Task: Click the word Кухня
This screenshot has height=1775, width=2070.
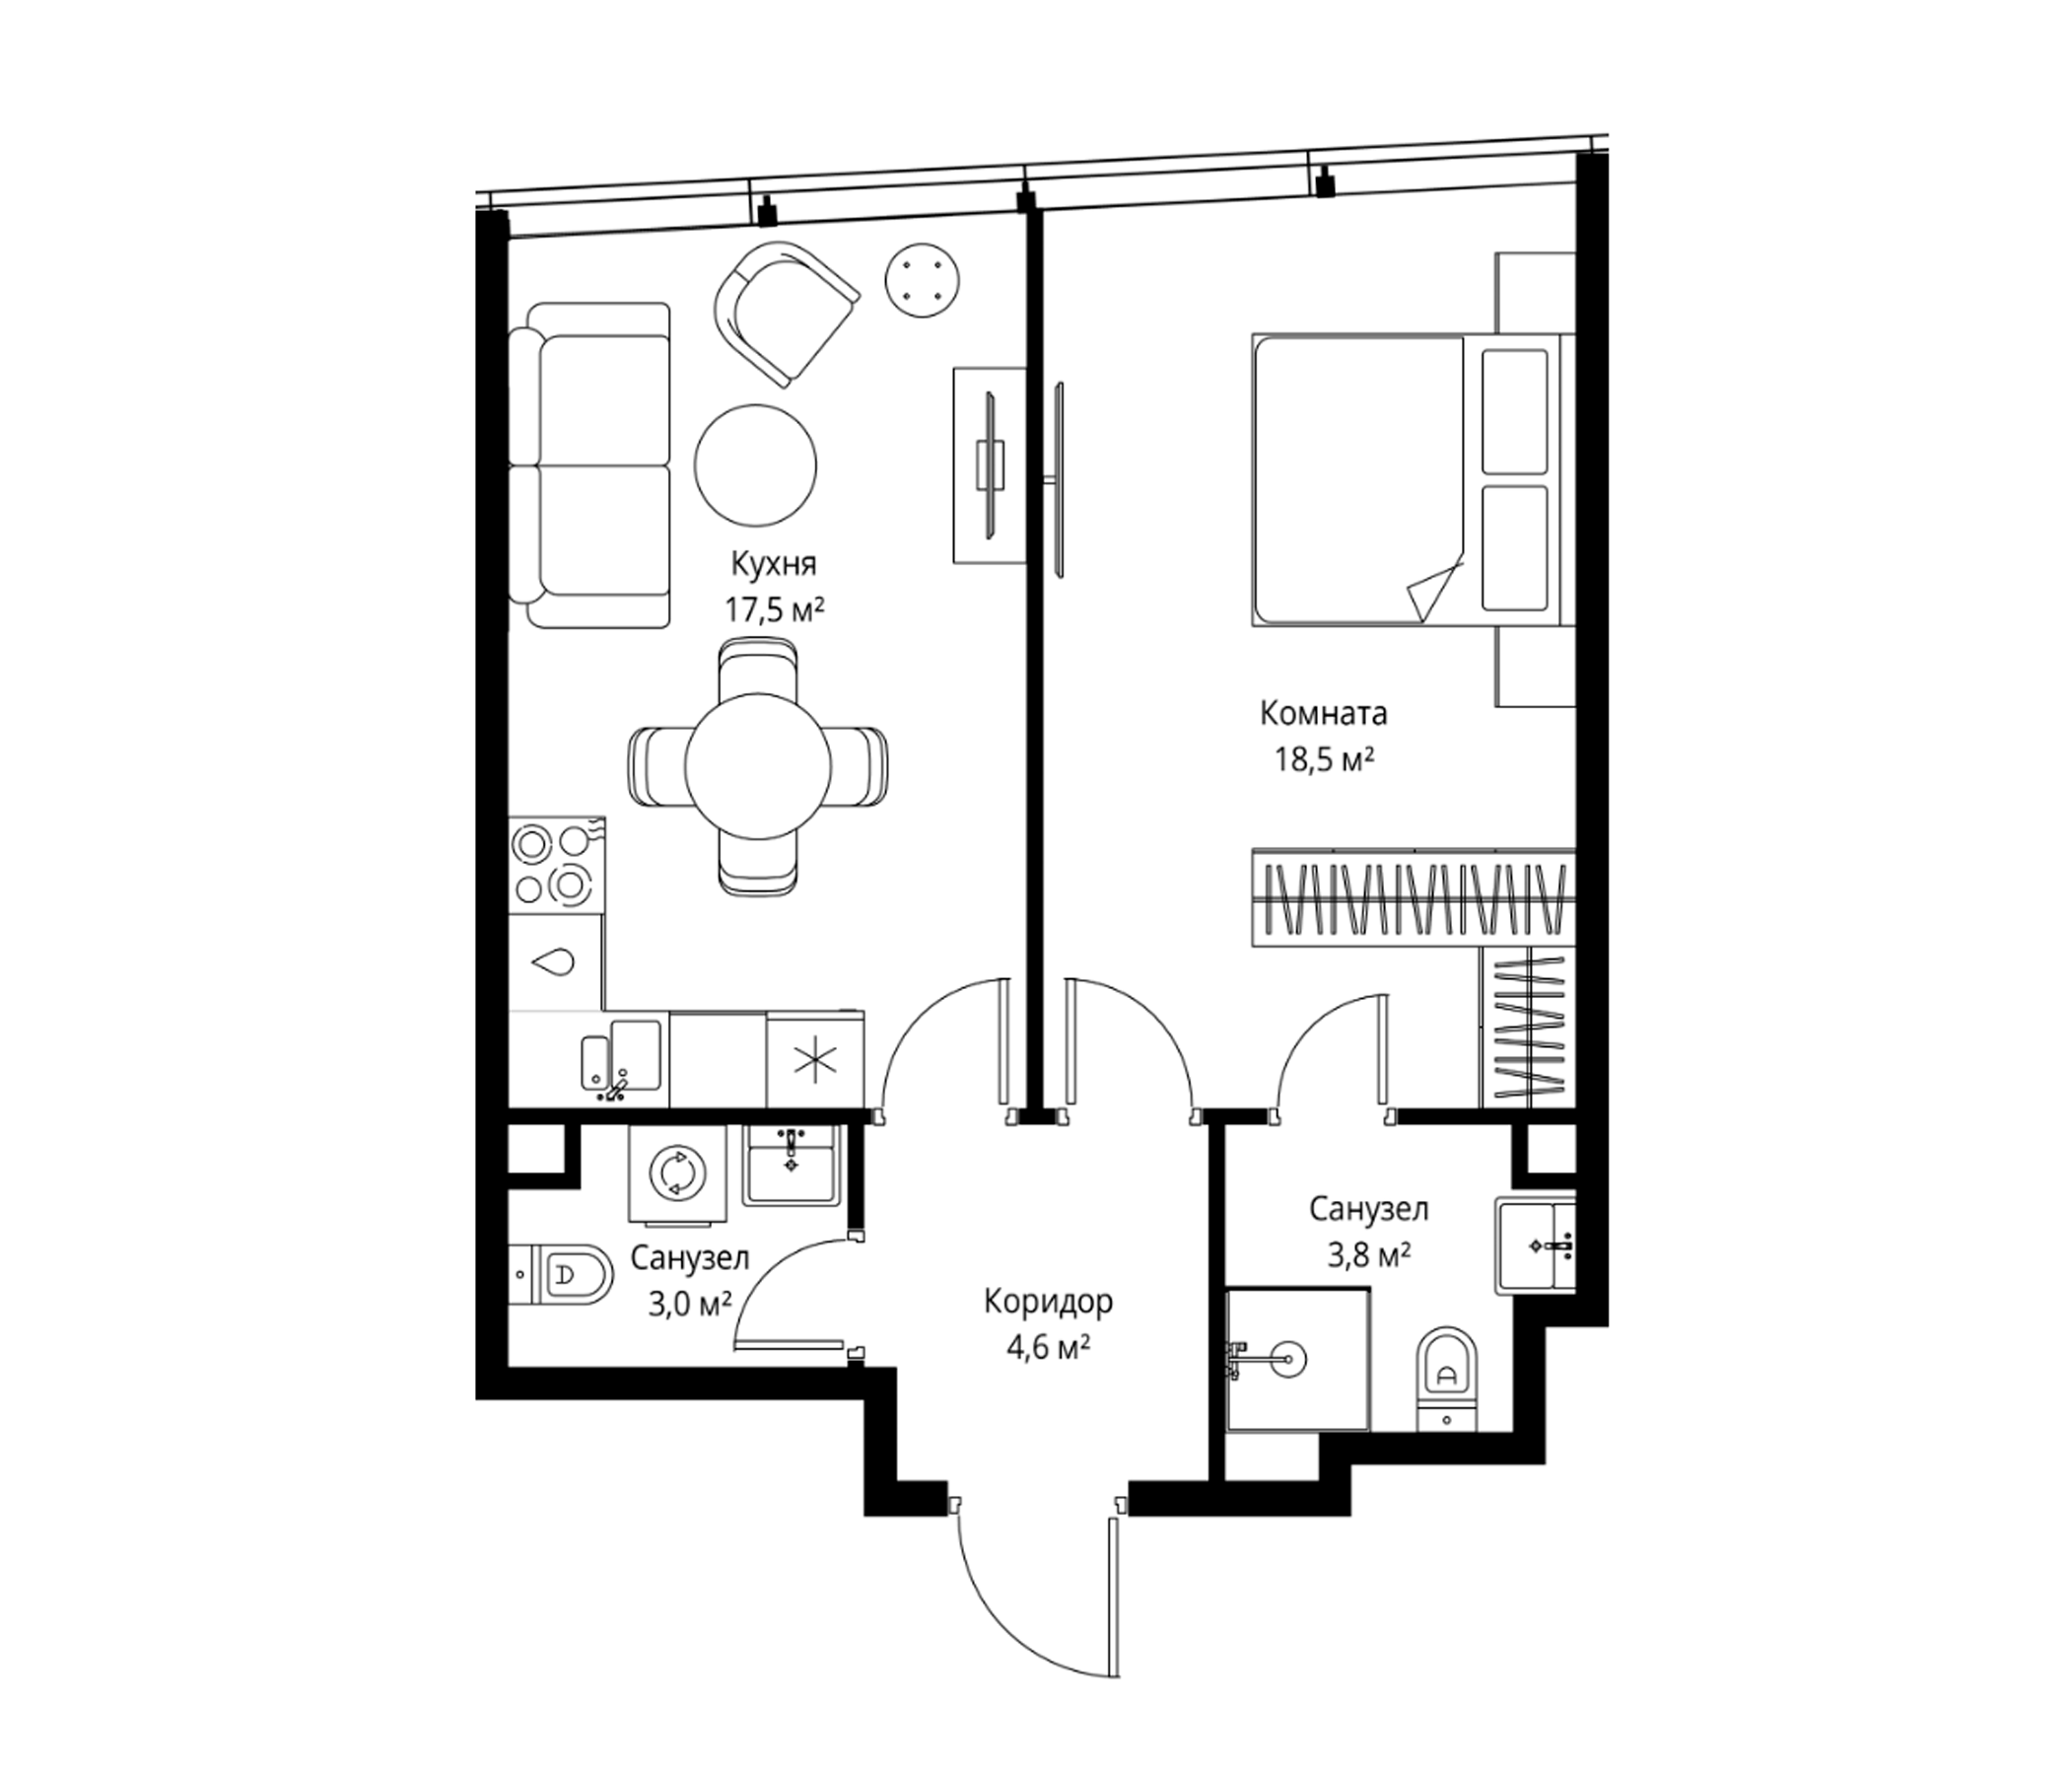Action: pyautogui.click(x=773, y=565)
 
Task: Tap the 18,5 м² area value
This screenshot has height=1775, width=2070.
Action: pyautogui.click(x=1323, y=759)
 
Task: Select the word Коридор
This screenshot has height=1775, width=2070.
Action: pyautogui.click(x=1048, y=1303)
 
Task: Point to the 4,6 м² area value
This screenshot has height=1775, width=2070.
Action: pyautogui.click(x=1048, y=1348)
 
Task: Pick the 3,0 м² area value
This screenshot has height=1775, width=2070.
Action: pyautogui.click(x=689, y=1304)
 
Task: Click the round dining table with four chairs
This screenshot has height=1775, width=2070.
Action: pyautogui.click(x=758, y=766)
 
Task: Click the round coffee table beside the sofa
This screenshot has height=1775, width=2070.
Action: pyautogui.click(x=756, y=464)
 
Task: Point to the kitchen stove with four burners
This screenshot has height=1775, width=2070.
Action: pyautogui.click(x=557, y=864)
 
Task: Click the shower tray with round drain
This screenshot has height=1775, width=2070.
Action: pyautogui.click(x=1297, y=1358)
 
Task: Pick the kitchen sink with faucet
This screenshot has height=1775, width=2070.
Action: pyautogui.click(x=621, y=1058)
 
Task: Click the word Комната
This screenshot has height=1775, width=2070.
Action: pyautogui.click(x=1324, y=714)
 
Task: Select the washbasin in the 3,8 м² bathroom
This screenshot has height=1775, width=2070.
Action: pyautogui.click(x=1536, y=1244)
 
